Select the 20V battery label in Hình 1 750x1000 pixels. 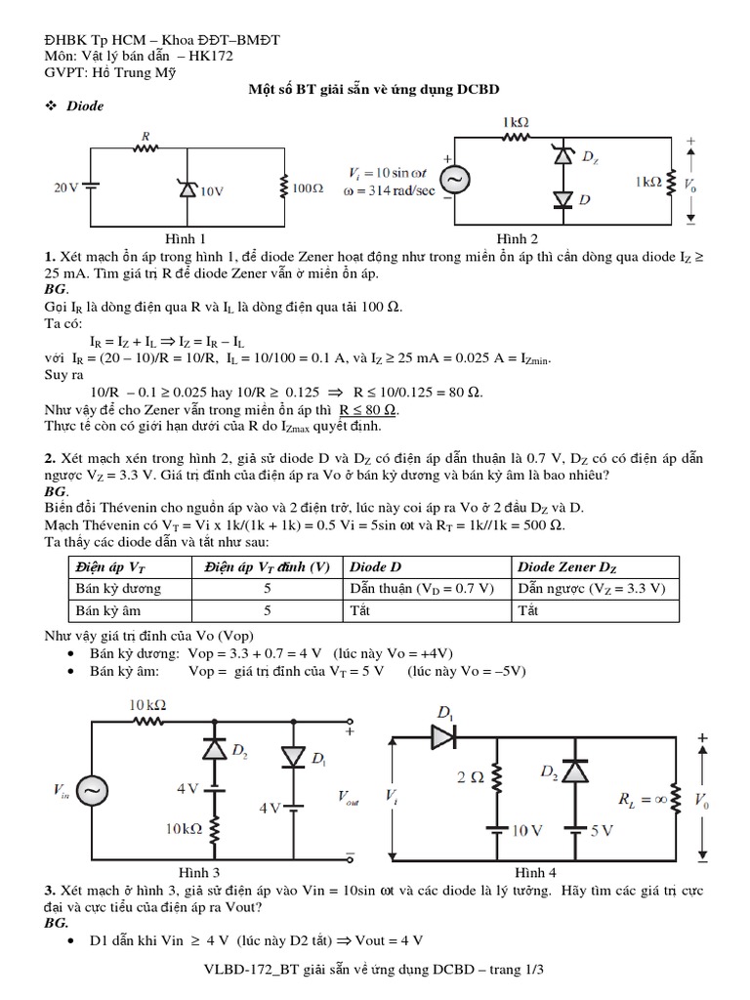pyautogui.click(x=65, y=187)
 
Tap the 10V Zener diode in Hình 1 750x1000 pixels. pyautogui.click(x=187, y=188)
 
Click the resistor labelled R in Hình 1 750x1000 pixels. pyautogui.click(x=146, y=148)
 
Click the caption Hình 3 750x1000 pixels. pyautogui.click(x=199, y=871)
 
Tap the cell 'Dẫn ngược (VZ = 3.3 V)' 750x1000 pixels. pyautogui.click(x=593, y=589)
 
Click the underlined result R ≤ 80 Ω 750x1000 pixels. pyautogui.click(x=369, y=410)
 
